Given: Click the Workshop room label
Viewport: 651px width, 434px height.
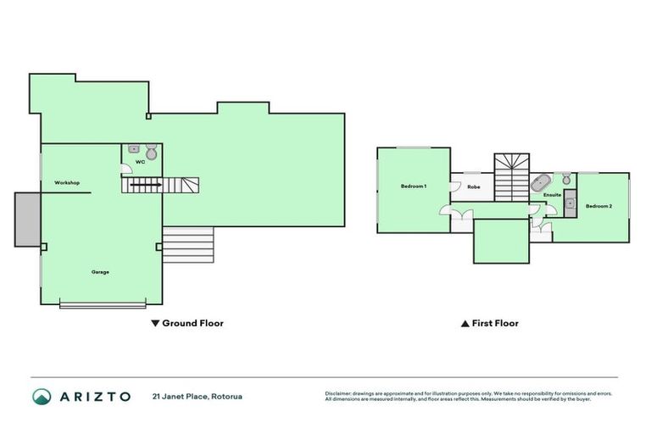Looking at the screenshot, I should (67, 183).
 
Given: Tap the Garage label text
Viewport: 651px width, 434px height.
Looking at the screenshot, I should (100, 272).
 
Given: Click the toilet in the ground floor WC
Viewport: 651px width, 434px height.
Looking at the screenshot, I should (152, 153).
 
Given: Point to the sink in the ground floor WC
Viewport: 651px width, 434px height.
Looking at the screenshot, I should (134, 148).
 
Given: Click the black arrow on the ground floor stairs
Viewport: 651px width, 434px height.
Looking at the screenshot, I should (146, 183).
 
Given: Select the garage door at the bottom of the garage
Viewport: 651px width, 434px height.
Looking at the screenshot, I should (103, 304).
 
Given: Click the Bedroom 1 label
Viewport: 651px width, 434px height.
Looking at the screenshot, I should (413, 186).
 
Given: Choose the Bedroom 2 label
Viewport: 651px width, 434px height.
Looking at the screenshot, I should (598, 205).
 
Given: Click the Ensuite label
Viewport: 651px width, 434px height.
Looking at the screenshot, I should (552, 195).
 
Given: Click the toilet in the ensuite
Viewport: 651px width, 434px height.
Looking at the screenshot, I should (565, 180).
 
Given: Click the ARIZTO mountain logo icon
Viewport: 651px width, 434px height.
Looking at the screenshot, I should (42, 396).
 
